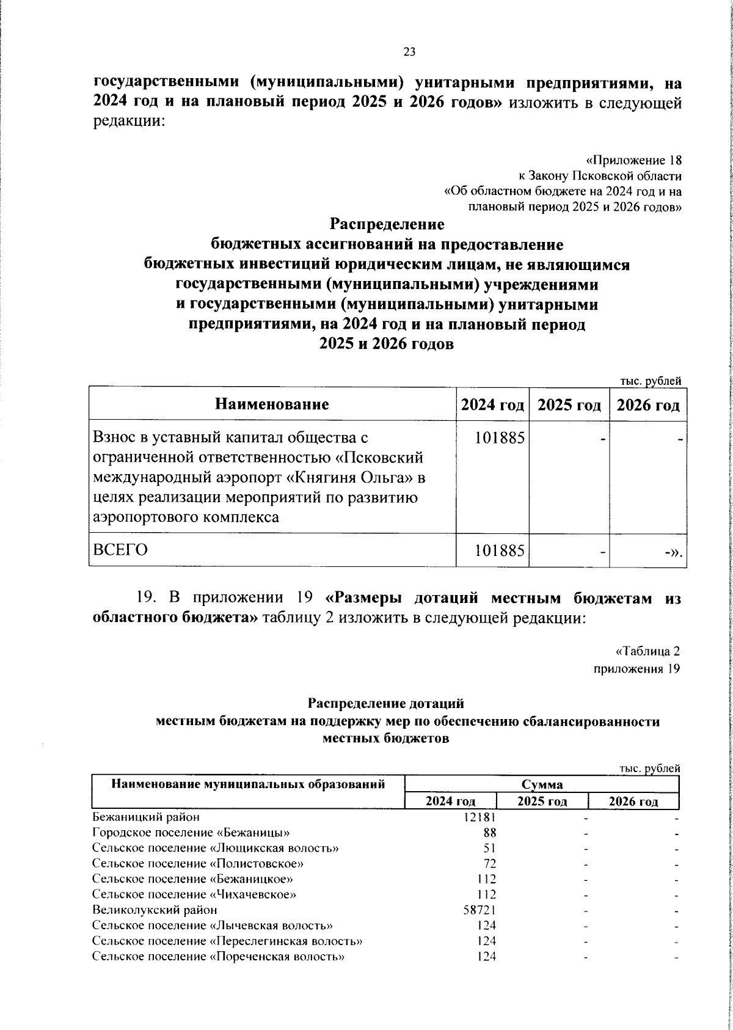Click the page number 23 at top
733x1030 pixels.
[409, 53]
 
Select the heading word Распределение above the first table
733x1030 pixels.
[387, 224]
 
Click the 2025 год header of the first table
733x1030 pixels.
[569, 405]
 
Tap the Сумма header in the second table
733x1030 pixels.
[542, 784]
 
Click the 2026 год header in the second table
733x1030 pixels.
[633, 802]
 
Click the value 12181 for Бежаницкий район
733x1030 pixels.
[480, 816]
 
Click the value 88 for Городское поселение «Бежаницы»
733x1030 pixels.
[489, 832]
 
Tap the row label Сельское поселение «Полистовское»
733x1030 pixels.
[198, 863]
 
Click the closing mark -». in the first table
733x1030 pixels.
[673, 552]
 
